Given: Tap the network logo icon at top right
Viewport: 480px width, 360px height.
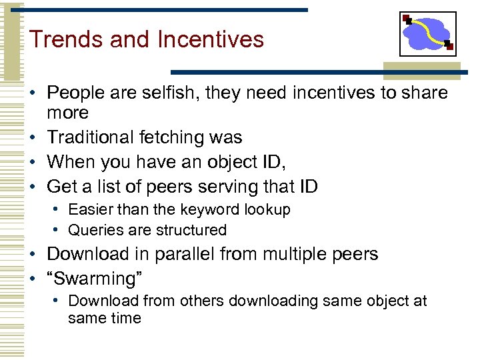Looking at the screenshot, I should [427, 34].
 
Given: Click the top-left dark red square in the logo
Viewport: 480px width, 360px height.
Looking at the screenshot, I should [406, 19].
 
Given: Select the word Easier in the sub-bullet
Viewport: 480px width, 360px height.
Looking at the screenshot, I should [90, 210].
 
